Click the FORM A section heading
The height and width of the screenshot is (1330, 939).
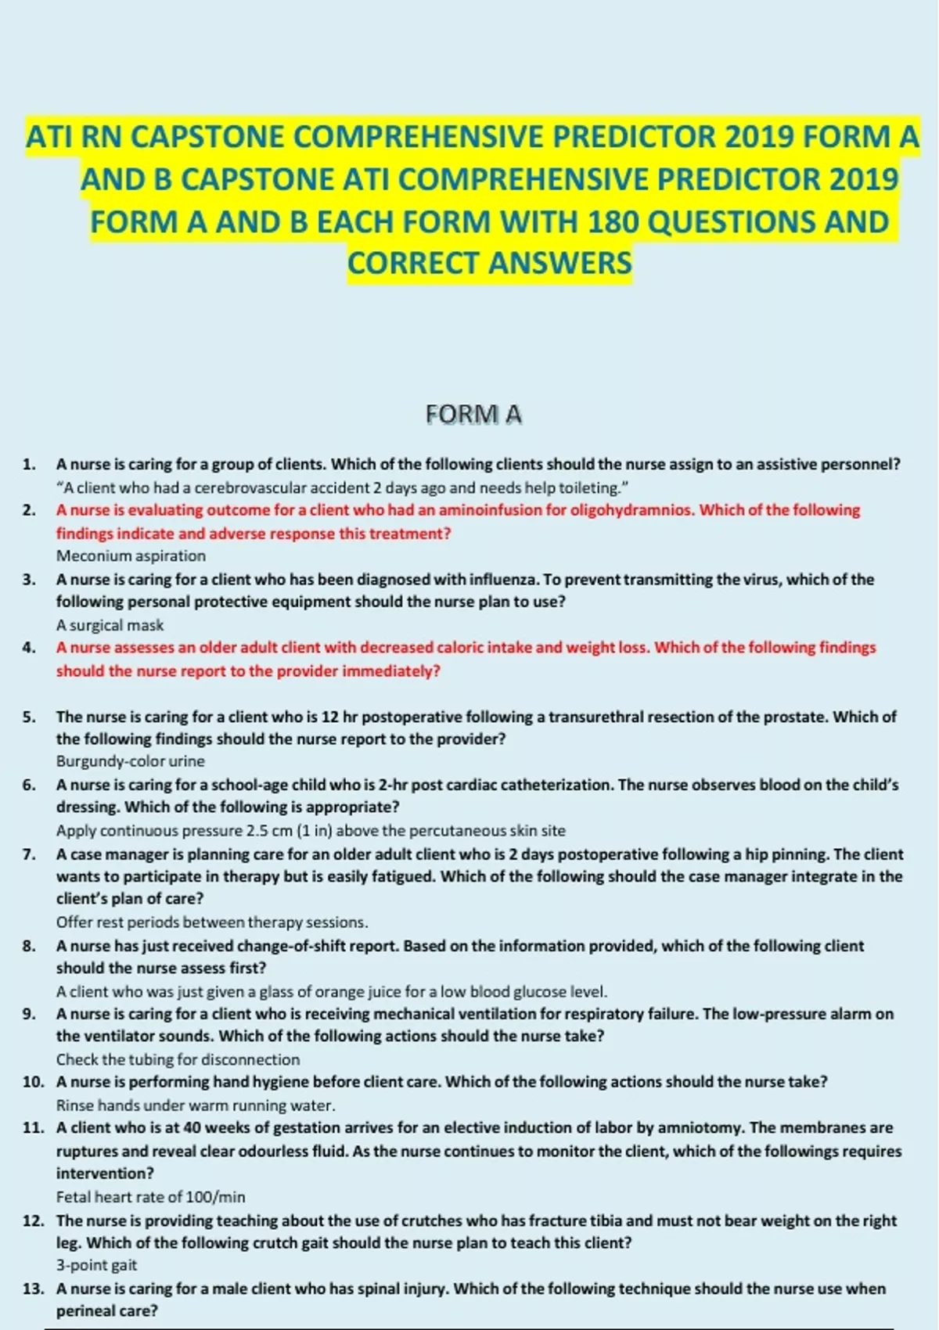coord(473,414)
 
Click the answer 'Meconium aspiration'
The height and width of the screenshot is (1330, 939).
coord(131,556)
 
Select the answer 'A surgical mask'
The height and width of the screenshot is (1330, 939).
coord(110,625)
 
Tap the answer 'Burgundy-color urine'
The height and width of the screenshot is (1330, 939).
coord(130,761)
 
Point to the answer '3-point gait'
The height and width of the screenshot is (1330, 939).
coord(96,1265)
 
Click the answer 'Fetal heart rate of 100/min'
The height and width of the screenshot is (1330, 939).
coord(150,1197)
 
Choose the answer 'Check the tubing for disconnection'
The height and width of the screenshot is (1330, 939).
coord(178,1059)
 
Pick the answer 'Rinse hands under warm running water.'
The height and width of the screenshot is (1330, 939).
coord(196,1105)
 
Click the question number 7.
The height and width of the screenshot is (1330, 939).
coord(30,854)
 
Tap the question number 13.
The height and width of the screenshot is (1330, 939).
coord(33,1289)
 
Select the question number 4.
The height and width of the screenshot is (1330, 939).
coord(30,648)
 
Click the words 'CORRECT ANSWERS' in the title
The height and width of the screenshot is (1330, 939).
coord(489,264)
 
